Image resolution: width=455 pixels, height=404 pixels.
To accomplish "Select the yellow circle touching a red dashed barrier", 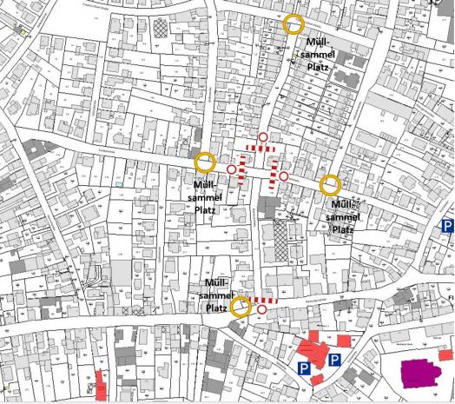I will point(241,305).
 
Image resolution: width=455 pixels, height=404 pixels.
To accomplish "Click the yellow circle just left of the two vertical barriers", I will point(205,162).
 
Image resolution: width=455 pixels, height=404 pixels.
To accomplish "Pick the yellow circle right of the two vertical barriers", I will point(330,185).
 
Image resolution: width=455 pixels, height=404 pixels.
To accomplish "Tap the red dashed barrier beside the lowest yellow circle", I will point(267,300).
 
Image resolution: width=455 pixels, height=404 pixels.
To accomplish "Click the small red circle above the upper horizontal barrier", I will point(262,137).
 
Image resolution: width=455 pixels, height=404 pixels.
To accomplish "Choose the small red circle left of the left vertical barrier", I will point(231,169).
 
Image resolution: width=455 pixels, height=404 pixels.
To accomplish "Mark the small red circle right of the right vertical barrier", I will point(284,176).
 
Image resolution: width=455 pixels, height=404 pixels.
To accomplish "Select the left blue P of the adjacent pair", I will point(304,369).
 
